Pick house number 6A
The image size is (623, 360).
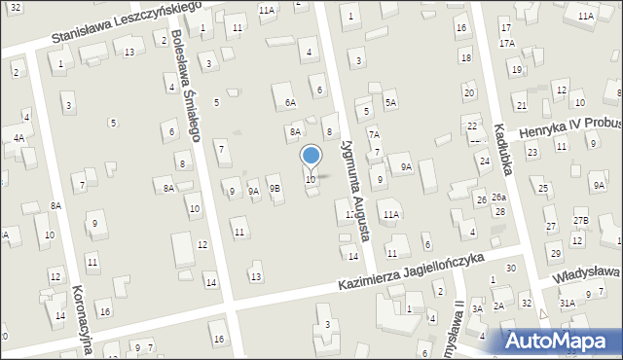pos(289,101)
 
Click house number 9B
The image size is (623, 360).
pos(275,189)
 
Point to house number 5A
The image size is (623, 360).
pos(390,101)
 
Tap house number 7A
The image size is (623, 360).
pos(373,133)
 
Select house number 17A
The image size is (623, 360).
pos(507,44)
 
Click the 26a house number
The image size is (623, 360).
pos(498,198)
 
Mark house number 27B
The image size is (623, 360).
pos(581,221)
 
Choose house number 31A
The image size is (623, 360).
pos(567,304)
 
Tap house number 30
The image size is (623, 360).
pos(510,268)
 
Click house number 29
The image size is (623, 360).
pos(556,254)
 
